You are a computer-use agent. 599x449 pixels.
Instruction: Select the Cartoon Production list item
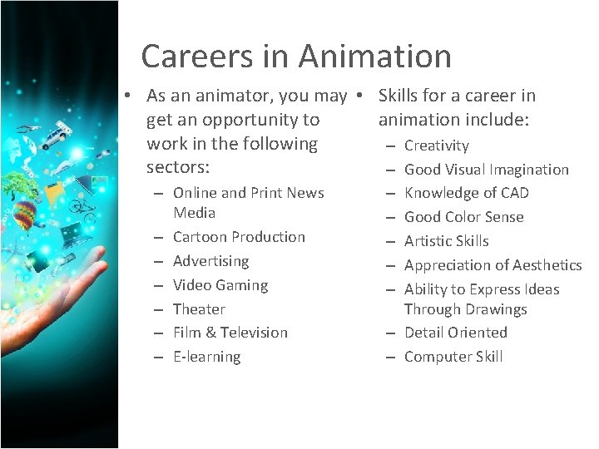239,237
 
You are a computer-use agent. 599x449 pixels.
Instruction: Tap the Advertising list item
210,261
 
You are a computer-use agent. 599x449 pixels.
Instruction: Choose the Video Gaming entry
220,285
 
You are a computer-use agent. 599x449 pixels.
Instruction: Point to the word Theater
199,309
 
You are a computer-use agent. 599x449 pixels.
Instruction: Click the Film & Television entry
230,333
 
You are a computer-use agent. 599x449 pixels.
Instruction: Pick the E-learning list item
206,357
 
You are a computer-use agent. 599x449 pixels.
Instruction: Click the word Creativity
437,146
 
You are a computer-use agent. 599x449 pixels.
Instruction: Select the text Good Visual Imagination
487,170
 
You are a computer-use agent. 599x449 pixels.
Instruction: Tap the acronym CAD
513,193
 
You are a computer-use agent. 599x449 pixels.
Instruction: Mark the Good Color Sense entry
464,217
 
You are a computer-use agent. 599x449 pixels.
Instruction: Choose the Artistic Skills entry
447,241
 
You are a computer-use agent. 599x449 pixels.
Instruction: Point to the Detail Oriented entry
455,333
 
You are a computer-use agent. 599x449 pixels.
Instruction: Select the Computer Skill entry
453,357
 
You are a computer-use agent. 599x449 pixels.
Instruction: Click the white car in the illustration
58,134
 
